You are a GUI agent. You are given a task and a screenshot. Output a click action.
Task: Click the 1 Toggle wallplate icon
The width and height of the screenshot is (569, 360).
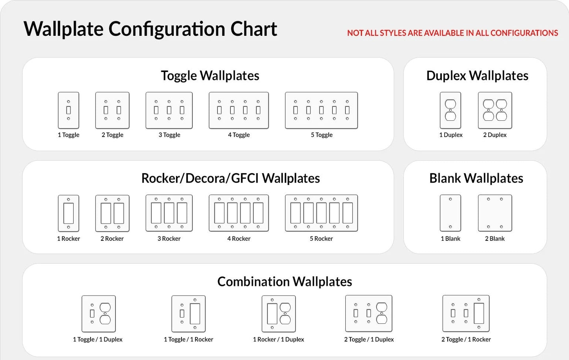69,110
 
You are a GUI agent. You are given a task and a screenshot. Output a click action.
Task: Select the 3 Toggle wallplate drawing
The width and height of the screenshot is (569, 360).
169,110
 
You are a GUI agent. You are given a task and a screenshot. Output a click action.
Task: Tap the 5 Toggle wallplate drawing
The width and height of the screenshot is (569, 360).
321,110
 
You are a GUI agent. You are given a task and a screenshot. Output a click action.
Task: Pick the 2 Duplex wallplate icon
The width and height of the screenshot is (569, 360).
495,110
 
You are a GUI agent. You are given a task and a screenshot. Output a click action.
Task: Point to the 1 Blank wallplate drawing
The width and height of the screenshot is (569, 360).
450,213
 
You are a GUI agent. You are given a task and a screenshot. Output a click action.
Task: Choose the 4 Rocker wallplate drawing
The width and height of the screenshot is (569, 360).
239,213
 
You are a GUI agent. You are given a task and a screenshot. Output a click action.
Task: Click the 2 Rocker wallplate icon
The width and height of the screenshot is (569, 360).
112,213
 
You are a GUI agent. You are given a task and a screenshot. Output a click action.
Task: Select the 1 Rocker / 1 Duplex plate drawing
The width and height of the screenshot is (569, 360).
279,314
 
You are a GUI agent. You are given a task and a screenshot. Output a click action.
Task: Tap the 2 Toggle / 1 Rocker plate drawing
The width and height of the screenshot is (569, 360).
466,314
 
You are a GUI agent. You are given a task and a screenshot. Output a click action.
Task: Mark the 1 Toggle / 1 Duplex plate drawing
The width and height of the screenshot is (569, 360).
98,314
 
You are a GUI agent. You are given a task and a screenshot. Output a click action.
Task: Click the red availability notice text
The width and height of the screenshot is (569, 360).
452,33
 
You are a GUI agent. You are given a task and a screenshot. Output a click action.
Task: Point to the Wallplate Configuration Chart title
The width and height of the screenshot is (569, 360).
150,29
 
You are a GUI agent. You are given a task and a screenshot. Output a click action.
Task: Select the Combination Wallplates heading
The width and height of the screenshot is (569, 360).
285,282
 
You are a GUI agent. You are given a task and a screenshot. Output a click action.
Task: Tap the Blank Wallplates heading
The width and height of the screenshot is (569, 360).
476,178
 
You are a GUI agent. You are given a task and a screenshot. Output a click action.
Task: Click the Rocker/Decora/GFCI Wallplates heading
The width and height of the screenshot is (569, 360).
230,178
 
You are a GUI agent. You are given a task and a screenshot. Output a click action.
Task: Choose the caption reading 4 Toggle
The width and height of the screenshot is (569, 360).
239,135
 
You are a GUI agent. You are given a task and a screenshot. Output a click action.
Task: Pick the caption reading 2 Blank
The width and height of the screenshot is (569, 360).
495,239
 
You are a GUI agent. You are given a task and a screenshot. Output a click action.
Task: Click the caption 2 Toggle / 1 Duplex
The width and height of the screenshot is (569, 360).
369,340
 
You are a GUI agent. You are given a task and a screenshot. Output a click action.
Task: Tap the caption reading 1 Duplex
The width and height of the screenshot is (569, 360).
451,135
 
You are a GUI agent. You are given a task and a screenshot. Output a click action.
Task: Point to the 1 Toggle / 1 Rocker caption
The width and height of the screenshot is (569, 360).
188,340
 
